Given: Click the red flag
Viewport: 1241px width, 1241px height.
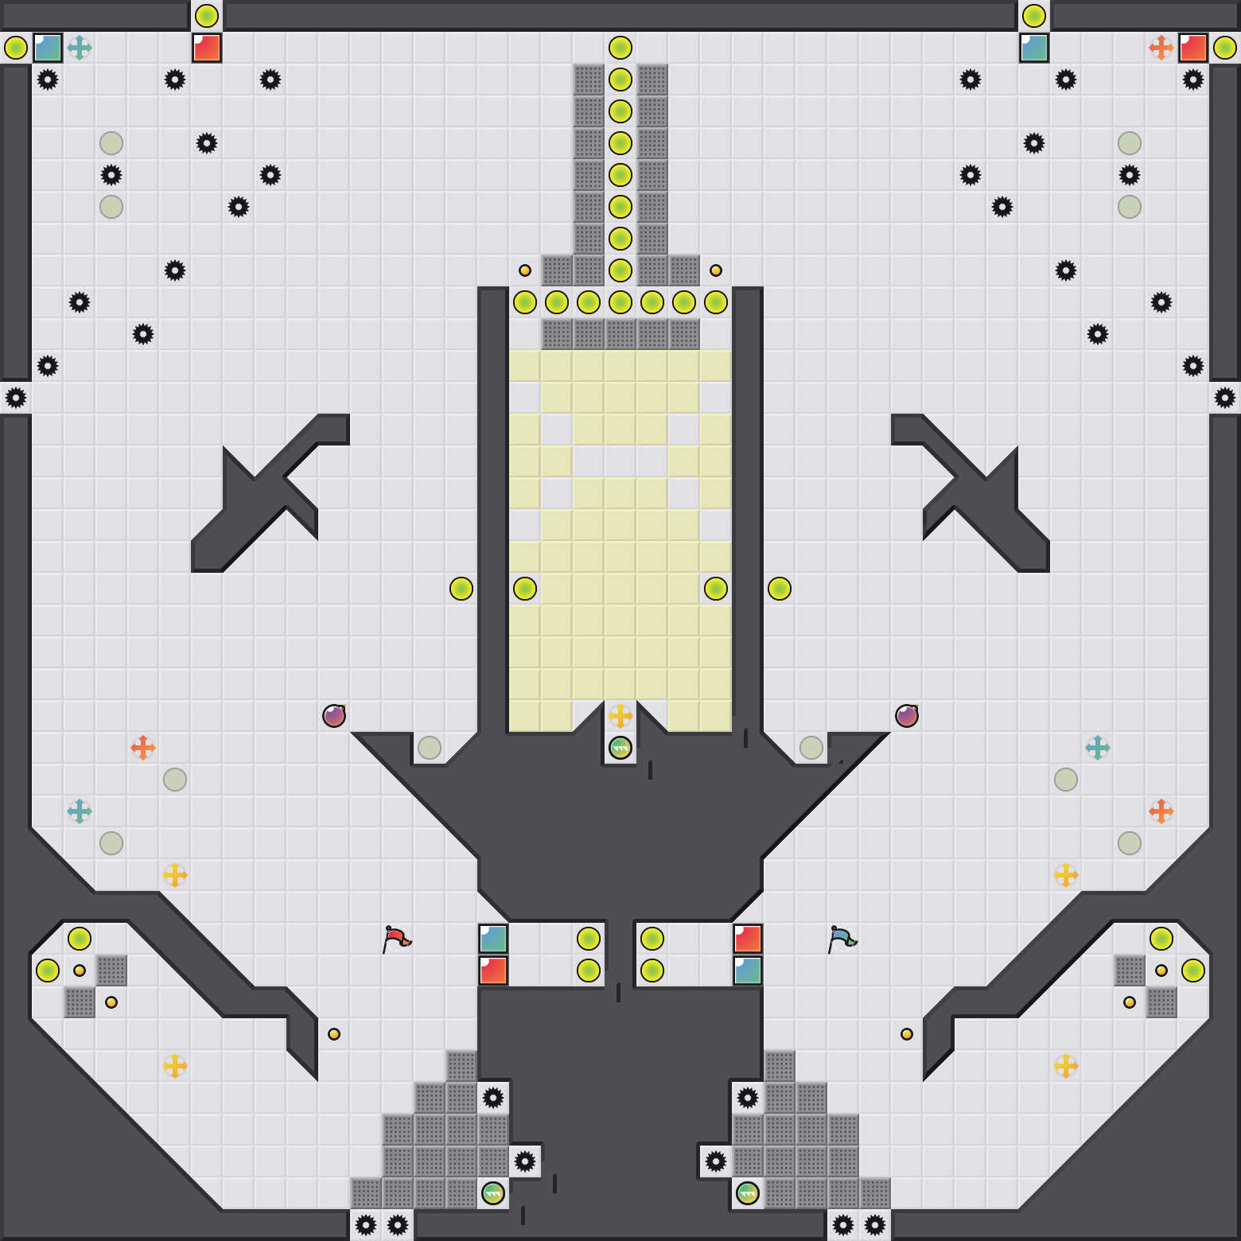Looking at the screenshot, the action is pyautogui.click(x=395, y=939).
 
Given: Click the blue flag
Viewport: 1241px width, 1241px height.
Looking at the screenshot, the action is pyautogui.click(x=841, y=939).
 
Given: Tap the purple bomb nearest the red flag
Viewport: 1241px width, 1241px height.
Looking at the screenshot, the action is pyautogui.click(x=334, y=716).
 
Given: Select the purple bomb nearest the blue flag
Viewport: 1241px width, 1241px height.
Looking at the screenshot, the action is pyautogui.click(x=907, y=716).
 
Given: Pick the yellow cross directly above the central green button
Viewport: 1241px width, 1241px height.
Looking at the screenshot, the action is pyautogui.click(x=620, y=716).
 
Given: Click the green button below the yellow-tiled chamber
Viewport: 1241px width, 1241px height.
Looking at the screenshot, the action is pyautogui.click(x=620, y=748).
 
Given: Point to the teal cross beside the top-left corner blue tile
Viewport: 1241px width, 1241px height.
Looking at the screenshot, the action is pyautogui.click(x=80, y=48).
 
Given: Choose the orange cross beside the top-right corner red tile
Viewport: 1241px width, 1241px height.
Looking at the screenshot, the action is pyautogui.click(x=1161, y=48).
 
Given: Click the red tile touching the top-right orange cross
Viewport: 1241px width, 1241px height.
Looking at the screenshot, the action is pyautogui.click(x=1193, y=48).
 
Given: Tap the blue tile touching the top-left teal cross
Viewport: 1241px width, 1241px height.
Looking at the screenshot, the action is pyautogui.click(x=48, y=48).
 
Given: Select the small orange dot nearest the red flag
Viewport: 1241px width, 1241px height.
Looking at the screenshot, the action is pyautogui.click(x=334, y=1034).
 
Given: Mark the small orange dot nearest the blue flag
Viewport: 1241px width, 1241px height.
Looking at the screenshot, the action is pyautogui.click(x=907, y=1034).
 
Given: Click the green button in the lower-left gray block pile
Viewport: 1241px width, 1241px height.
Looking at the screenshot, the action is pyautogui.click(x=493, y=1193).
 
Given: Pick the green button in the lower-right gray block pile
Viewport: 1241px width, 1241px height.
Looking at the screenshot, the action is pyautogui.click(x=748, y=1193).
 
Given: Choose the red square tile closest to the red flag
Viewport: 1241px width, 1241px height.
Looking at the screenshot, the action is pyautogui.click(x=493, y=971).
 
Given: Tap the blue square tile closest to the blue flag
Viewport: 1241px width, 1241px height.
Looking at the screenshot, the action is pyautogui.click(x=748, y=971).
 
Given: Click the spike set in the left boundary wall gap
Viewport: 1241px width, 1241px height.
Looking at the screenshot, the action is pyautogui.click(x=16, y=398).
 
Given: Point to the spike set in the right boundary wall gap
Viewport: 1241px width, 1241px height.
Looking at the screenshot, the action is pyautogui.click(x=1225, y=398).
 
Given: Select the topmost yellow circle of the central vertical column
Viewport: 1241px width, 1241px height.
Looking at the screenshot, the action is pyautogui.click(x=620, y=48).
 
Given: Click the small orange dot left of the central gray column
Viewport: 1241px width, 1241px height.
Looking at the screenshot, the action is pyautogui.click(x=525, y=270).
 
